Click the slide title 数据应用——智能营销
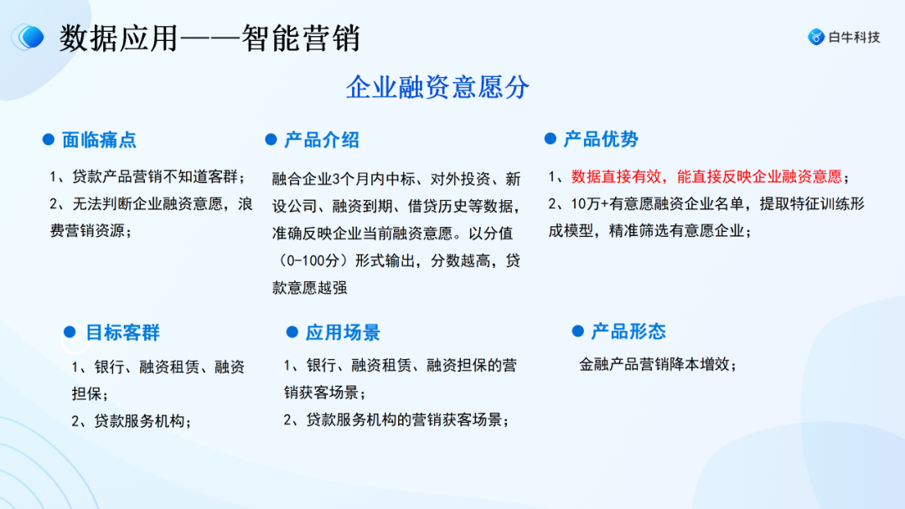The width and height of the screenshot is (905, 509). click(209, 38)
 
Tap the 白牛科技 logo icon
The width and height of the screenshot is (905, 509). click(816, 37)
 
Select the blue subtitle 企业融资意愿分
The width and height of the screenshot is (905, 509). click(437, 87)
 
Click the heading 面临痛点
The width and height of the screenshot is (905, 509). click(99, 140)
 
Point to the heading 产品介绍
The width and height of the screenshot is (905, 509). click(321, 140)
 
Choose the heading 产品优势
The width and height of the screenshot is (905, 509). click(601, 139)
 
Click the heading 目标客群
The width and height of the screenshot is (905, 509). click(122, 332)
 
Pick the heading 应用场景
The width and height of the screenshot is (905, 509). click(343, 332)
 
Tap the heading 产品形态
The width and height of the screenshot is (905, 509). click(628, 332)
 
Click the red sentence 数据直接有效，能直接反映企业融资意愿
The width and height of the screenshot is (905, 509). click(706, 177)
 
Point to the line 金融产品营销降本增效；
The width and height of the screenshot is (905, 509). click(658, 364)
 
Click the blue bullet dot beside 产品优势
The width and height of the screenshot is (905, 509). click(550, 139)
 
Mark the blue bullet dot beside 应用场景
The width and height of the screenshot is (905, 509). click(292, 332)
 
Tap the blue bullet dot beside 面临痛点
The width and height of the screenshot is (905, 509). click(49, 140)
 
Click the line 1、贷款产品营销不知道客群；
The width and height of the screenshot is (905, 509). click(147, 177)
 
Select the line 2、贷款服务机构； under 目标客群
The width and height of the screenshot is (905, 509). click(132, 421)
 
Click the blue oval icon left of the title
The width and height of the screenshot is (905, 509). click(29, 37)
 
